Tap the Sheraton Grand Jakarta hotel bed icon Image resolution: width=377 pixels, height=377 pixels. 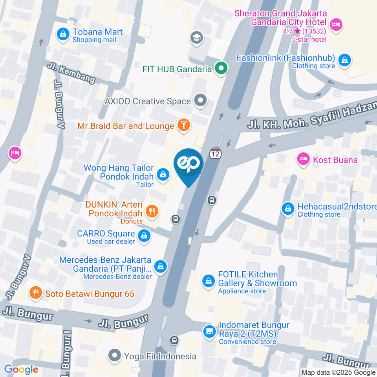pos(336,25)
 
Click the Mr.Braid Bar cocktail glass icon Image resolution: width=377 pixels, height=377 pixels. pos(183,125)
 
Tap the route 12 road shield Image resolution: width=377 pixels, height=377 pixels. pos(215,154)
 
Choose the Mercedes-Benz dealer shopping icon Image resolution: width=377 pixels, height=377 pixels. pos(160,267)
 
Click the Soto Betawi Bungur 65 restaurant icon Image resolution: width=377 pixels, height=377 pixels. pos(36,292)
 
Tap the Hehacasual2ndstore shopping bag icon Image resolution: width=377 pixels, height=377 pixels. pos(288,209)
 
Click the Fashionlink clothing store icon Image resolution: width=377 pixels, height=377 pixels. pos(344,60)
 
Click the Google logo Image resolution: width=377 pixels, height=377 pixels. pos(21,369)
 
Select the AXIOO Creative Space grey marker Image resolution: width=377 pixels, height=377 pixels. pos(201,101)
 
